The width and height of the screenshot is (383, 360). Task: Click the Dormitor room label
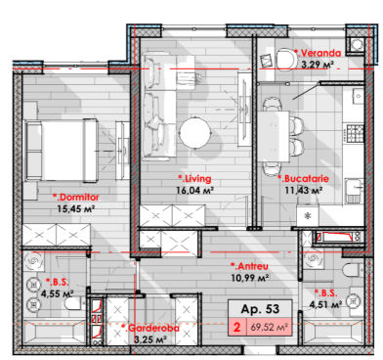[75, 198]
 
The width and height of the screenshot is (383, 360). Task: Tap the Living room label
[194, 179]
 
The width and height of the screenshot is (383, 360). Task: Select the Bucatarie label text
[303, 179]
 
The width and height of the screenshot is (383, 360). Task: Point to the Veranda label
[318, 53]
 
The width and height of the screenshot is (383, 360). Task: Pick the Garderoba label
[150, 328]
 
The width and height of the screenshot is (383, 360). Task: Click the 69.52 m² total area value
[269, 327]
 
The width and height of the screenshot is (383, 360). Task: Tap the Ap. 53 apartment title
[260, 309]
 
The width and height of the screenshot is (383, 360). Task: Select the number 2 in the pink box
[236, 327]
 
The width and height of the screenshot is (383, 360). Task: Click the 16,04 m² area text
[194, 190]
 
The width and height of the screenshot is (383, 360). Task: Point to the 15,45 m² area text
[75, 208]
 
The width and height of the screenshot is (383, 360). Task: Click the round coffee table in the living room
[195, 132]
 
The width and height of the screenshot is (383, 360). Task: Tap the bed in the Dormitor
[62, 150]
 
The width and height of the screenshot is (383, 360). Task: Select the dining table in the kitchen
[274, 136]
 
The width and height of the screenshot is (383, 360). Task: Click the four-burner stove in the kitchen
[355, 133]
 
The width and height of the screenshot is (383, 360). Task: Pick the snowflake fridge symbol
[307, 215]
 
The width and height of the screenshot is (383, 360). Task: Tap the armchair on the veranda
[286, 59]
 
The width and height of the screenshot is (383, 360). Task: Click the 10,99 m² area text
[249, 278]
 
